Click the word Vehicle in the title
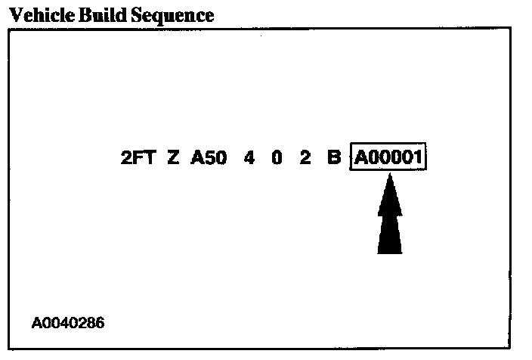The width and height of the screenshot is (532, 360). (x=35, y=14)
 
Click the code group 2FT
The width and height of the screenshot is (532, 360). (x=137, y=160)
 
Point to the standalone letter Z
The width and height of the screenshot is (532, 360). (x=173, y=160)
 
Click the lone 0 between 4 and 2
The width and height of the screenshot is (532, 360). (x=277, y=160)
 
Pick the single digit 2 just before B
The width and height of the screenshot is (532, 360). (x=305, y=160)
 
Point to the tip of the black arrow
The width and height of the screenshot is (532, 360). (x=390, y=175)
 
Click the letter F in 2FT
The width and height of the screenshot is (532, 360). (x=137, y=160)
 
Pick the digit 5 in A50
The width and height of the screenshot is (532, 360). (x=209, y=160)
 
